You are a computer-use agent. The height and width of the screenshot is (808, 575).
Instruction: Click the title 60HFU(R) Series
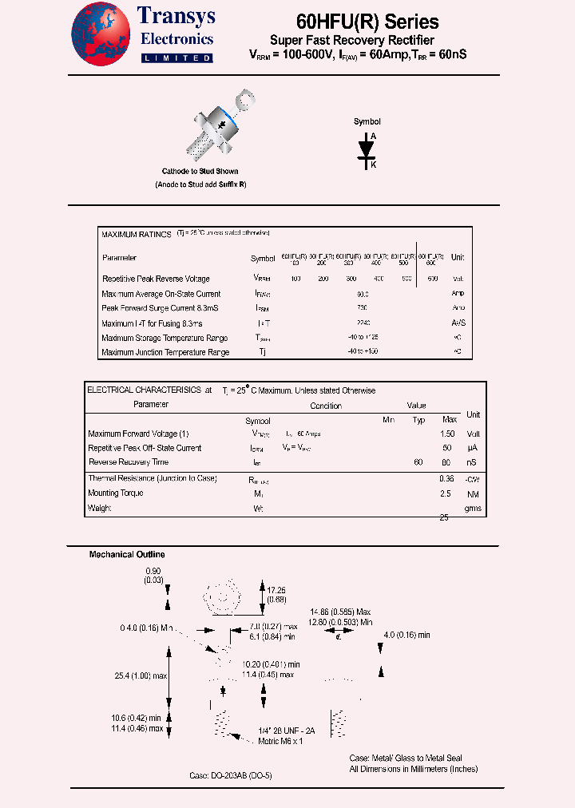pos(367,22)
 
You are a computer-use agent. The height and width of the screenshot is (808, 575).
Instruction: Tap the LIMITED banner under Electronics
pos(176,58)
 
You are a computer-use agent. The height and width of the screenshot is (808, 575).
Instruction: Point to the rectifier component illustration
pos(218,128)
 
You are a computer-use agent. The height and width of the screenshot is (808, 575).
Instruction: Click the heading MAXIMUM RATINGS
pos(137,235)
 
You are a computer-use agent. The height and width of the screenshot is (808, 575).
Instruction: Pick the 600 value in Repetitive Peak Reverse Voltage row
pos(432,279)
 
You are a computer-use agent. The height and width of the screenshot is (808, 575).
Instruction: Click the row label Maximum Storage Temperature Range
pos(165,338)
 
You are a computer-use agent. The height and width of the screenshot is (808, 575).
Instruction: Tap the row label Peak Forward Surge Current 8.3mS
pos(161,308)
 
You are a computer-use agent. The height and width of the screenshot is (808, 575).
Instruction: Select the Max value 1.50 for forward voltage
pos(447,434)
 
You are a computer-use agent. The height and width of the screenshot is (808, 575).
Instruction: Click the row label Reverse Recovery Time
pos(129,462)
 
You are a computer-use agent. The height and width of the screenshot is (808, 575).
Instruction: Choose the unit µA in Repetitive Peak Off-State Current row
pos(474,448)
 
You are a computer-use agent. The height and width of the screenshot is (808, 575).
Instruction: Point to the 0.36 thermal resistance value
pos(447,478)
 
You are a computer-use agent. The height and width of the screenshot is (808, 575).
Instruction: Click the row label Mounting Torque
pos(116,493)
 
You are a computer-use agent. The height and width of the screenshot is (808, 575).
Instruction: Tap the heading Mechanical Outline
pos(127,554)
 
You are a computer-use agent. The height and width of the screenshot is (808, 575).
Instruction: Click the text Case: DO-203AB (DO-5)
pos(231,775)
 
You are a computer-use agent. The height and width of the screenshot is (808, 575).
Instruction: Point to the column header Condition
pos(326,406)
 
